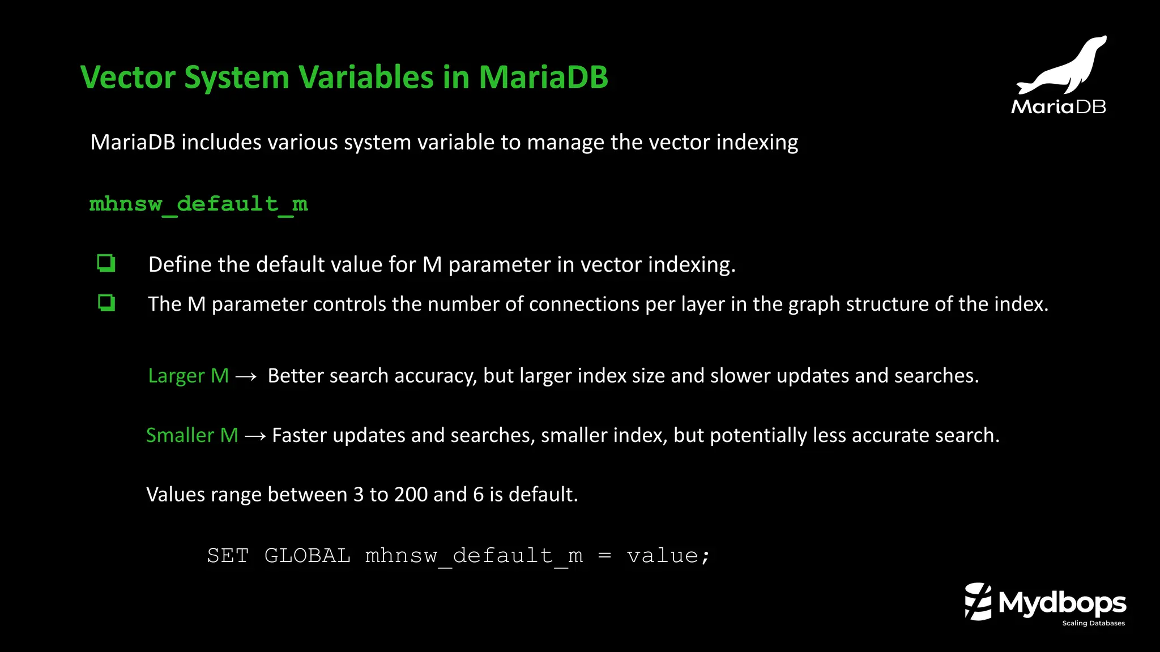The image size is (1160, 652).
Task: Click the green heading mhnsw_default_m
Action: point(198,204)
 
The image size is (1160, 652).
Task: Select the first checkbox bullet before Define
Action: point(106,264)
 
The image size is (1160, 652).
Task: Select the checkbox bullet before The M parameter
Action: point(106,303)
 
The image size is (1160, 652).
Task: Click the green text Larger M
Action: point(188,376)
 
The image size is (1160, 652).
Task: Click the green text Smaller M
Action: point(192,435)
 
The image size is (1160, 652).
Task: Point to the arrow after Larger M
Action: point(246,376)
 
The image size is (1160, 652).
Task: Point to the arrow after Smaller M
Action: point(255,436)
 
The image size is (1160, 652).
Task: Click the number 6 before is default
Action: point(478,495)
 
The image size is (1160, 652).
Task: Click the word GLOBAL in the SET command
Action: point(307,556)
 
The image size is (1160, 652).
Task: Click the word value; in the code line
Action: point(668,556)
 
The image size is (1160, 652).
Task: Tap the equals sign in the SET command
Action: point(604,556)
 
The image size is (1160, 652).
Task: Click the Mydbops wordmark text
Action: point(1062,603)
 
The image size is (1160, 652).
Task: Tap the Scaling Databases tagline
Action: point(1093,623)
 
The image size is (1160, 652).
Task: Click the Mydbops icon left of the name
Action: point(978,602)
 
